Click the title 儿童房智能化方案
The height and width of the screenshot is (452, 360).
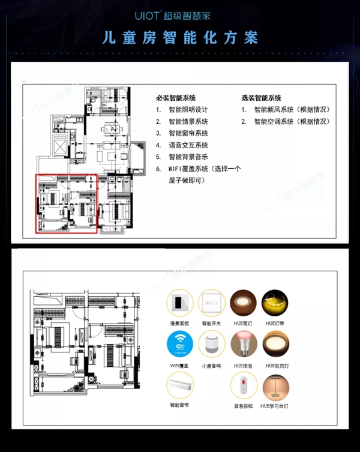coord(180,38)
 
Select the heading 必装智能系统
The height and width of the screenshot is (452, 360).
coord(176,98)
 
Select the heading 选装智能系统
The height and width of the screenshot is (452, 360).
coord(262,98)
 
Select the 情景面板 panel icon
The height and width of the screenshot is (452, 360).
coord(179,304)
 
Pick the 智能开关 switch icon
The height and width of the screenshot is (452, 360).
coord(211,304)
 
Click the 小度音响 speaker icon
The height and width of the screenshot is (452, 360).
coord(211,347)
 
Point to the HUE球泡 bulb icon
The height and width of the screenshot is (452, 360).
coord(244,346)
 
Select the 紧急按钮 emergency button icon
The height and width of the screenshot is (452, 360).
coord(244,387)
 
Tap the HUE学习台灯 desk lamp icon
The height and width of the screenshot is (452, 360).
coord(275,387)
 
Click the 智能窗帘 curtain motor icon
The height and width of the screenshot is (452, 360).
coord(179,384)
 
